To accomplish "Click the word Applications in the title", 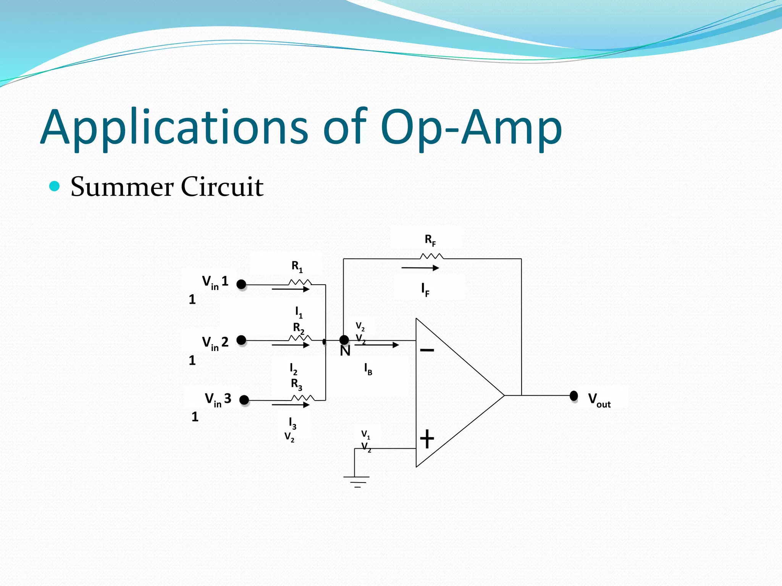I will click(x=174, y=128).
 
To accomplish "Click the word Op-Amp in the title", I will click(x=471, y=128).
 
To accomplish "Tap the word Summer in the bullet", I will click(x=121, y=187).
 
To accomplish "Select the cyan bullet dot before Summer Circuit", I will click(x=55, y=186).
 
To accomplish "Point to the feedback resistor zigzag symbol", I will click(x=431, y=256).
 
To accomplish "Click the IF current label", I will click(x=425, y=290).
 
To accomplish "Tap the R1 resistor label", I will click(x=297, y=266).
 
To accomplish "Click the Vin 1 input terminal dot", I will click(x=241, y=284).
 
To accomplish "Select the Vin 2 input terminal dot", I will click(x=241, y=340).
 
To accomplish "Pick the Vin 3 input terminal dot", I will click(x=244, y=400).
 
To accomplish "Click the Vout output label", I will click(x=599, y=399).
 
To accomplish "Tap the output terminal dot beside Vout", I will click(x=574, y=396).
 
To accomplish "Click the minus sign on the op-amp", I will click(x=427, y=350).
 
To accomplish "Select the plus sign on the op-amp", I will click(x=427, y=439).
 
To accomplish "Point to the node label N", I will click(x=345, y=351).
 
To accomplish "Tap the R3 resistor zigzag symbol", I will click(x=303, y=398).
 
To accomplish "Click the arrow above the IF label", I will click(x=420, y=268).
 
